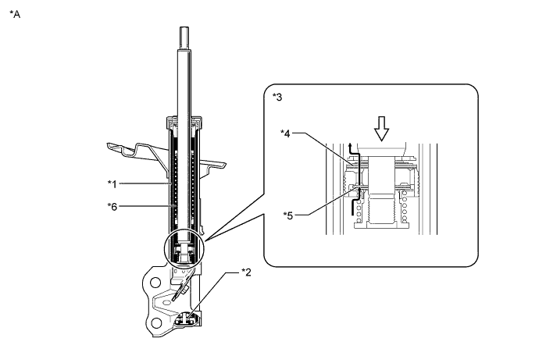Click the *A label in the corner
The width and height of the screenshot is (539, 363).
[15, 14]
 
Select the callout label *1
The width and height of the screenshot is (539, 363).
[113, 184]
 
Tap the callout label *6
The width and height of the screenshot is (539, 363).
[113, 207]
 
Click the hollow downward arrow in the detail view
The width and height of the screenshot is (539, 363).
[381, 130]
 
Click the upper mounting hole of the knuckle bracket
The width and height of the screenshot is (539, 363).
[155, 282]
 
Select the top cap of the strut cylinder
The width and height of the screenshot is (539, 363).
[184, 120]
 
